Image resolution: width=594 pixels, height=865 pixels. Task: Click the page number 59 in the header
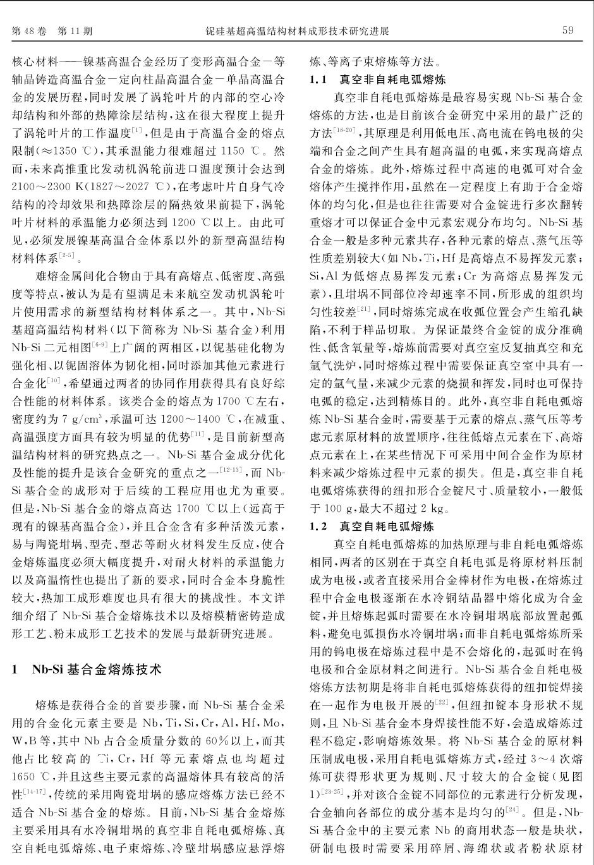tap(567, 30)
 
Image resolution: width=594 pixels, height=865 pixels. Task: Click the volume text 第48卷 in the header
tap(28, 31)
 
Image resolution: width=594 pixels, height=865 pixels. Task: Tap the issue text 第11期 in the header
tap(75, 31)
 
